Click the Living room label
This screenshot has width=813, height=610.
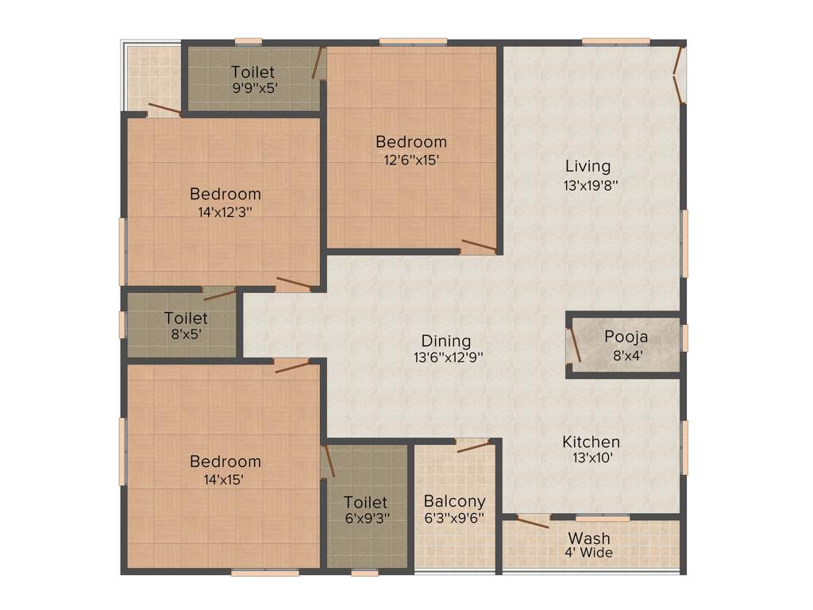588,166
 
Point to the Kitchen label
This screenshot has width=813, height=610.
591,442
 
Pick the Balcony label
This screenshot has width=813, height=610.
454,501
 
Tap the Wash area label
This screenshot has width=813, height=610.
589,539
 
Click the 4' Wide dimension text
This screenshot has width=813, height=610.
589,553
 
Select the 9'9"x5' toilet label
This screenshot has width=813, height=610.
253,88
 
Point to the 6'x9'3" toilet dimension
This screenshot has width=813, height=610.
366,518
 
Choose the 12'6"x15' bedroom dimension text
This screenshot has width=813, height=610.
411,159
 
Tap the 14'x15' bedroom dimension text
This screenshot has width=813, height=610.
225,479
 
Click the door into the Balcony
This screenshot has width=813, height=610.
473,446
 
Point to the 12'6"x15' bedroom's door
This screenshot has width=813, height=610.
479,245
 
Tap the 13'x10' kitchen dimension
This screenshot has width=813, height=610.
591,457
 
